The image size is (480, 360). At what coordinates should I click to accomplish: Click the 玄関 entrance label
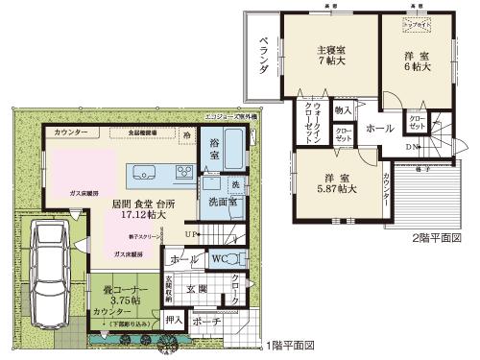click(197, 288)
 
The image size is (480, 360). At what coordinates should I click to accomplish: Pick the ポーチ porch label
click(208, 322)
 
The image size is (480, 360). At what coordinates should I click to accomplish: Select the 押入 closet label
click(173, 321)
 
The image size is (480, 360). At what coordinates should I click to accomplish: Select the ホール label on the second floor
click(378, 127)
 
